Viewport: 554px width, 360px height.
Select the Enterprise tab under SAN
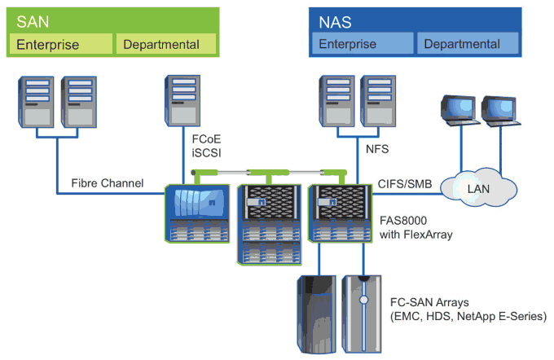(47, 44)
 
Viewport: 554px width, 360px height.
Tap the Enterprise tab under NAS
(348, 44)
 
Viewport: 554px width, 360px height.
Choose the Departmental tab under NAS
(462, 44)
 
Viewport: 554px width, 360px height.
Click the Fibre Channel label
(107, 183)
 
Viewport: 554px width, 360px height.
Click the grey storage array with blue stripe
(363, 313)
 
